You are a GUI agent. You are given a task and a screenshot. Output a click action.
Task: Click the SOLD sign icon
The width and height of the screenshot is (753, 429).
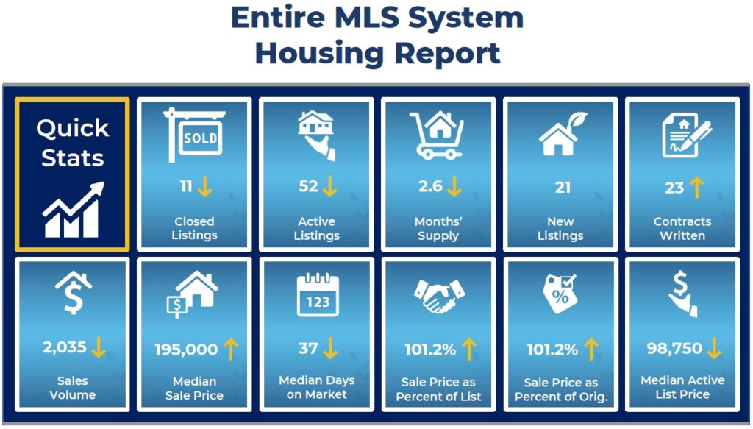click(194, 135)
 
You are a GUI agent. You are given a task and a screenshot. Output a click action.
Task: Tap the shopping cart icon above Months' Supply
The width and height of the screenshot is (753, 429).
click(437, 135)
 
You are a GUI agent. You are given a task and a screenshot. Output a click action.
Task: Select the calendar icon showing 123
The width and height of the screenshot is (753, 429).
click(318, 295)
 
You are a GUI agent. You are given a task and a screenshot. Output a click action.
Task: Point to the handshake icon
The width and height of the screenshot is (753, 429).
click(439, 297)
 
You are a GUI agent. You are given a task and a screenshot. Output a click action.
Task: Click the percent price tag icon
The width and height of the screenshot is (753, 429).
click(560, 294)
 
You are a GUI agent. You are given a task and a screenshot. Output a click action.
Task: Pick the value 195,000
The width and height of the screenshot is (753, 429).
click(186, 350)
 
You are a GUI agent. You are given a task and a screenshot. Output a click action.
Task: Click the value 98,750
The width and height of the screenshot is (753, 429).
click(674, 348)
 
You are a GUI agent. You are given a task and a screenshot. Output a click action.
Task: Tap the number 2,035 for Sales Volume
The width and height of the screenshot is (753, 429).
click(65, 347)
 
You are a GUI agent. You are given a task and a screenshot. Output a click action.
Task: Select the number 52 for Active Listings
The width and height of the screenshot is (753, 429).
click(308, 186)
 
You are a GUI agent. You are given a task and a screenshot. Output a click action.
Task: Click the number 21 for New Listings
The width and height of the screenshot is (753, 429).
click(563, 187)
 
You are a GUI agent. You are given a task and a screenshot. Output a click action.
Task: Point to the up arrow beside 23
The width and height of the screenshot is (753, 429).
click(697, 188)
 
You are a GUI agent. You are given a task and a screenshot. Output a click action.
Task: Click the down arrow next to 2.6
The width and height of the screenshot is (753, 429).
click(454, 186)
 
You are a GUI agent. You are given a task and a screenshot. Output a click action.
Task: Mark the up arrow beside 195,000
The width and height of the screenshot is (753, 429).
click(231, 349)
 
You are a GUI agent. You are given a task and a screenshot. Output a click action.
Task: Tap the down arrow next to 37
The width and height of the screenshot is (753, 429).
click(330, 348)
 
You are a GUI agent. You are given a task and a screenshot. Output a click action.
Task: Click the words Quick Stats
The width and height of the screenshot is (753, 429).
click(73, 143)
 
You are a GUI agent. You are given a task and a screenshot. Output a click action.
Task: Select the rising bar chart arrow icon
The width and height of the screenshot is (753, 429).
click(73, 210)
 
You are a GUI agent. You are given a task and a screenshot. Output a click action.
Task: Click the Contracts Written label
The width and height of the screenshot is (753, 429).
click(682, 229)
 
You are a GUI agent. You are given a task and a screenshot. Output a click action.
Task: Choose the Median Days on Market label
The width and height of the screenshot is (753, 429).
click(317, 387)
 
